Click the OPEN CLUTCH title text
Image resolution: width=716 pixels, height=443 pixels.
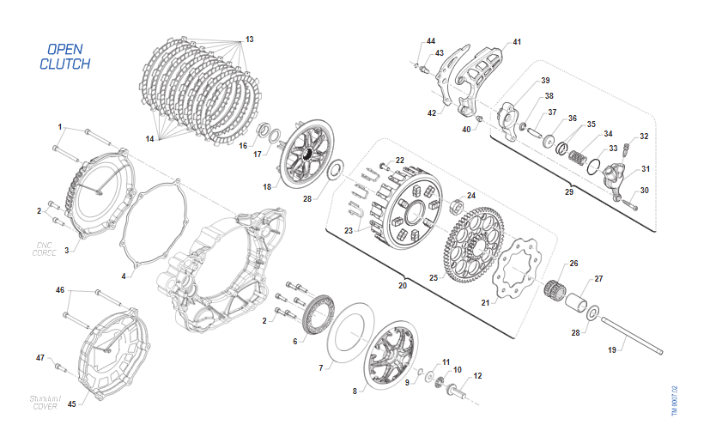tap(64, 57)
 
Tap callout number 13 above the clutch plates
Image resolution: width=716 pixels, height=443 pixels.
tap(250, 39)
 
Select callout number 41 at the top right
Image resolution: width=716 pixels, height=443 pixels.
tap(517, 42)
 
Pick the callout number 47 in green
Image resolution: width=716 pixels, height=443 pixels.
tap(40, 357)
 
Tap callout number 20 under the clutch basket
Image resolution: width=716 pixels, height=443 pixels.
tap(403, 286)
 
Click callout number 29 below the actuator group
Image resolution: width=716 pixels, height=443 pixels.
tap(569, 191)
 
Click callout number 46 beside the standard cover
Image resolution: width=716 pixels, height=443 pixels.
tap(60, 291)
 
